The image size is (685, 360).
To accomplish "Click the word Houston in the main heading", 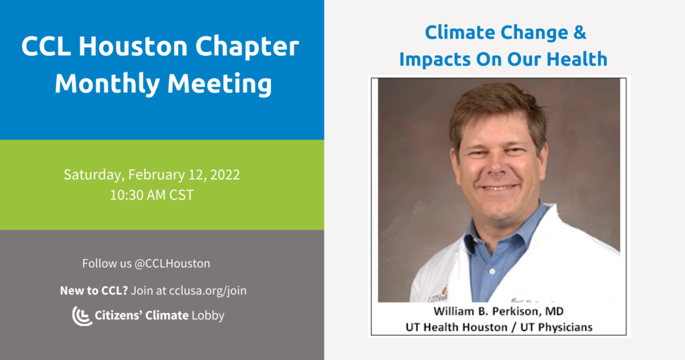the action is (133, 46).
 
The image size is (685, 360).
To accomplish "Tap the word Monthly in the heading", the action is (107, 83).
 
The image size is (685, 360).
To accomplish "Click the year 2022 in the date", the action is (225, 175).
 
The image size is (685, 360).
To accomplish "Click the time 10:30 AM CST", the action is (152, 195).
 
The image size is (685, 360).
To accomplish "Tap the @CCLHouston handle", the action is (172, 264).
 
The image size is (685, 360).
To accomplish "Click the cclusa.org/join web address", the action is (207, 291).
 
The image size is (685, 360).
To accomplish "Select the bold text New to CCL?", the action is (94, 290).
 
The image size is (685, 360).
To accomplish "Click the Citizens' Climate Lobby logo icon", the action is (82, 316).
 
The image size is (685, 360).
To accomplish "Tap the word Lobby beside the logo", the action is (208, 315).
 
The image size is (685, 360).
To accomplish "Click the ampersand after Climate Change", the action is (580, 32).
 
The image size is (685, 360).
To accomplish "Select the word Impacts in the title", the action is (435, 60).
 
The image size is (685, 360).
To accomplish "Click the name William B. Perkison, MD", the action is (498, 311).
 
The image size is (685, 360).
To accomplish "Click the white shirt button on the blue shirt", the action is (492, 271).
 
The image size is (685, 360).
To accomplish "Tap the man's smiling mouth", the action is (498, 187).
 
